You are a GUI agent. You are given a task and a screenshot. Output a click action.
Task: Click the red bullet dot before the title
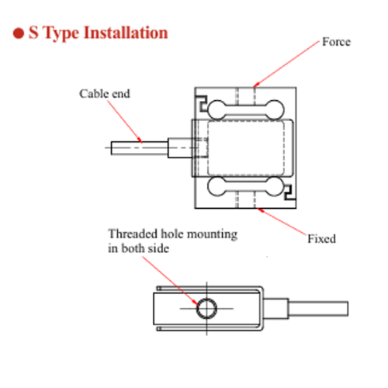19,33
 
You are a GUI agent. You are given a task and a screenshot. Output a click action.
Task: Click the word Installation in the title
126,33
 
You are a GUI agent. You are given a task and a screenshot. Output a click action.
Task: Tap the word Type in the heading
61,34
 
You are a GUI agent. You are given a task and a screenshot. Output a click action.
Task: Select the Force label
337,42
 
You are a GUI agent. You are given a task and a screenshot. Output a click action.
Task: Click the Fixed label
322,239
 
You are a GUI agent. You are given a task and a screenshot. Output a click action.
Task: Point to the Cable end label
105,94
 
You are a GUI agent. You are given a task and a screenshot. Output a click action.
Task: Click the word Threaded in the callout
133,234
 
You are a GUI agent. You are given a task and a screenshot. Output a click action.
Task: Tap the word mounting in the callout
212,234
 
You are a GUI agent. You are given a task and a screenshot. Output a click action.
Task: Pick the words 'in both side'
139,248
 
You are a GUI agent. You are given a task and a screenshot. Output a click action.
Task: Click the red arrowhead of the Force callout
255,85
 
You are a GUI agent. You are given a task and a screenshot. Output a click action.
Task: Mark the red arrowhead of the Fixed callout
260,210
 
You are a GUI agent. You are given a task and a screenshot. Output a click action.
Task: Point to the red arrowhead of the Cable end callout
140,140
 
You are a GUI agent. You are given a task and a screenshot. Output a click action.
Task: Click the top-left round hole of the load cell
217,109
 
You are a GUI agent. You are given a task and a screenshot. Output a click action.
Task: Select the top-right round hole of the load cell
274,109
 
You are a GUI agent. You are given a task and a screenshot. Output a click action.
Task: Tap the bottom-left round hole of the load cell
217,186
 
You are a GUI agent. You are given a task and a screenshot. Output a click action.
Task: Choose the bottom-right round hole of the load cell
274,186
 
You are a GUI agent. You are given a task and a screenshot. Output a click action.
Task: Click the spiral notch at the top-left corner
201,102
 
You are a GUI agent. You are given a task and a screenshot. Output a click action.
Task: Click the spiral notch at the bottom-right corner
290,192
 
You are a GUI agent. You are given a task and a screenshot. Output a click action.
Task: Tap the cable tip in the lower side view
348,309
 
